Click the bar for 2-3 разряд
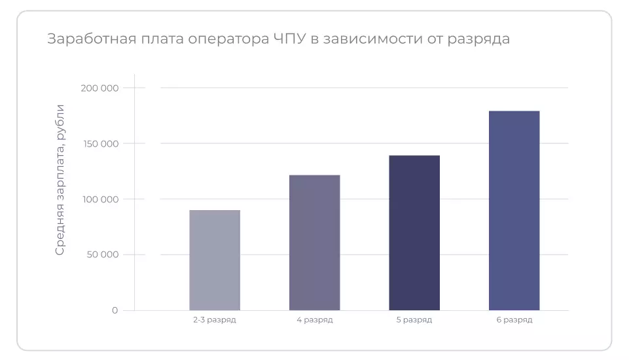(215, 260)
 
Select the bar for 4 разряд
(315, 242)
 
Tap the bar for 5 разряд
(414, 232)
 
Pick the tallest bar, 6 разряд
(514, 210)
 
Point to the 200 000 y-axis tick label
(101, 88)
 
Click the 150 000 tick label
(101, 143)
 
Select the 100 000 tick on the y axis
(101, 199)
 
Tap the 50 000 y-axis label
(103, 255)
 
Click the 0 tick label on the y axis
(115, 310)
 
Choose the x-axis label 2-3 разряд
(215, 320)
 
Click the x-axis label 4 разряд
(315, 320)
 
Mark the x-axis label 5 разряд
(414, 320)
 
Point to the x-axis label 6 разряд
(514, 320)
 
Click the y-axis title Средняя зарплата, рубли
(60, 179)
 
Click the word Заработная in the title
(87, 39)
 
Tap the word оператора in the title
(226, 39)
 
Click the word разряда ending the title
(478, 39)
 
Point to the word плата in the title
(156, 39)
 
